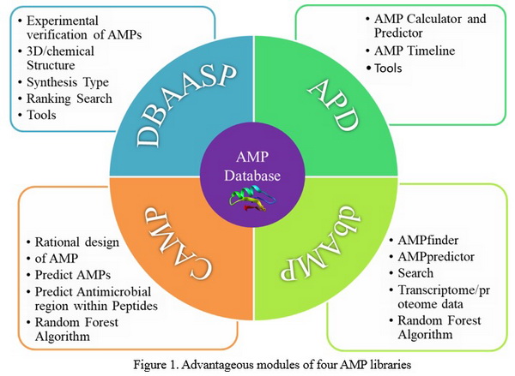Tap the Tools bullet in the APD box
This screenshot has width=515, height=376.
pyautogui.click(x=394, y=67)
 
